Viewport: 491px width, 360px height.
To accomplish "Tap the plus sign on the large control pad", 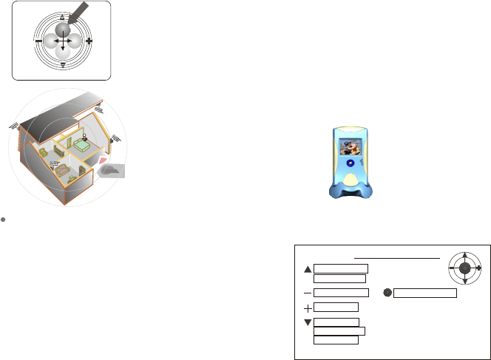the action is click(89, 41).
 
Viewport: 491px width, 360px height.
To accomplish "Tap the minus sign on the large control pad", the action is click(37, 41).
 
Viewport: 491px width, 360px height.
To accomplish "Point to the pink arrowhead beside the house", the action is click(103, 160).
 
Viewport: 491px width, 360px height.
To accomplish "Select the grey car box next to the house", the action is click(112, 171).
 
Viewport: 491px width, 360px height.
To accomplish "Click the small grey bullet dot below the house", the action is click(4, 220).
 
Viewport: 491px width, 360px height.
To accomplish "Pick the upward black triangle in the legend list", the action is click(307, 268).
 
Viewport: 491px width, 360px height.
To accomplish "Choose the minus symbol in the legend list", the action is click(307, 293).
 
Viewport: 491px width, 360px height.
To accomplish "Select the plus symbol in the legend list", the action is click(307, 307).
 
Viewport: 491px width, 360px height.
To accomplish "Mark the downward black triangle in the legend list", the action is click(307, 322).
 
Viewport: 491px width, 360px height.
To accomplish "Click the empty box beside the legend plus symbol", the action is click(336, 307).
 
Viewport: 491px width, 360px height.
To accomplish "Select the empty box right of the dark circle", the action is click(425, 293).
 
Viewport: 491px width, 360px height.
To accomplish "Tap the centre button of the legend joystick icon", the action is click(464, 268).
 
